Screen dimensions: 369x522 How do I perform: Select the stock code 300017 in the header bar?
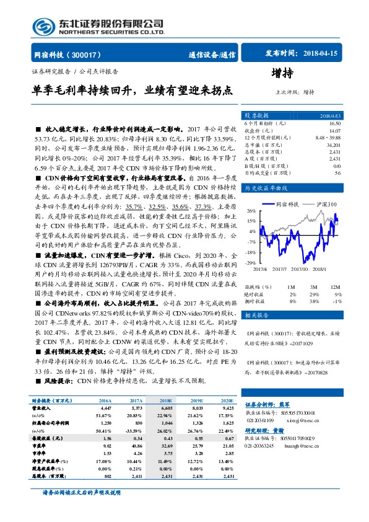[x=90, y=55]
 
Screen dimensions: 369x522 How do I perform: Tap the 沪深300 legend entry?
[x=323, y=204]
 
